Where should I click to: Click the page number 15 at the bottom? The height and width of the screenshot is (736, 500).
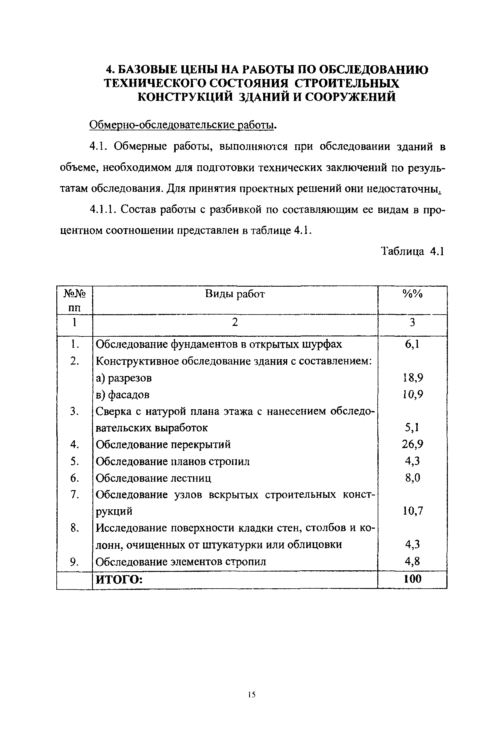click(x=252, y=695)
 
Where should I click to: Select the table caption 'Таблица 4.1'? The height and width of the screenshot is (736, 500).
click(x=412, y=251)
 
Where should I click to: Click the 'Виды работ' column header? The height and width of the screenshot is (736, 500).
click(x=235, y=294)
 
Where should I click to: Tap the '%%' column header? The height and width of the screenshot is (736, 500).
click(x=412, y=294)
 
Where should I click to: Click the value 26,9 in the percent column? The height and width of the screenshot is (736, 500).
click(x=412, y=444)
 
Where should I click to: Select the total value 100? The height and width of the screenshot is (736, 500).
click(x=412, y=579)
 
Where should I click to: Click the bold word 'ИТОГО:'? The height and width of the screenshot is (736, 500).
click(x=119, y=580)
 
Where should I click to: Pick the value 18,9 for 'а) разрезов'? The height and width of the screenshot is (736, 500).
click(x=413, y=378)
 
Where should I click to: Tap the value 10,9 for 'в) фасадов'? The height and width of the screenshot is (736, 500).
click(x=413, y=395)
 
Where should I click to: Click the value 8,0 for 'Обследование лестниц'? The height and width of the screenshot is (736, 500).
click(x=412, y=477)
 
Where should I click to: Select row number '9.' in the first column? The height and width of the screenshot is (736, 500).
click(x=74, y=562)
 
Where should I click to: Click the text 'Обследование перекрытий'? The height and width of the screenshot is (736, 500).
click(x=163, y=445)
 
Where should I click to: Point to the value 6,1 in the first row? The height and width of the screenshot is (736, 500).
click(x=412, y=344)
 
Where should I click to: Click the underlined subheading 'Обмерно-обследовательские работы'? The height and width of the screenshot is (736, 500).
click(x=182, y=125)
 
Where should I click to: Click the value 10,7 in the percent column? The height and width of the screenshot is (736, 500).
click(x=413, y=511)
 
